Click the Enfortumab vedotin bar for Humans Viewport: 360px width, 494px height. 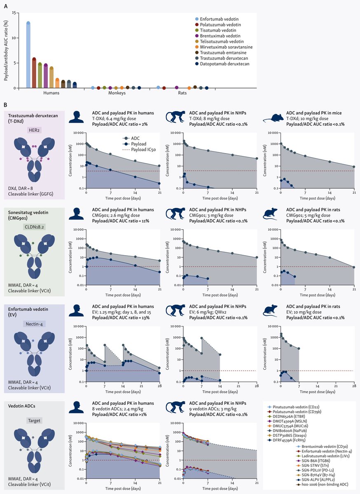28,55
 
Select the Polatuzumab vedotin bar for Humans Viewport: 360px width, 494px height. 34,73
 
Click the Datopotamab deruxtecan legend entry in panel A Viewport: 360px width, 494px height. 222,64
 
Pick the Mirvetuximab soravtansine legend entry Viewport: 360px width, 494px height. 224,47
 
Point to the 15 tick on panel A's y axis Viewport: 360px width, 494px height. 14,13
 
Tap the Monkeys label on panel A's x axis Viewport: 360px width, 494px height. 117,93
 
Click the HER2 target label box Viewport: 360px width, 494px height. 34,130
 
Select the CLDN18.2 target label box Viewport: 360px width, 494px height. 34,227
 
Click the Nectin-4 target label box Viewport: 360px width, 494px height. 34,324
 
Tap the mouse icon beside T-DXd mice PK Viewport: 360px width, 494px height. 274,118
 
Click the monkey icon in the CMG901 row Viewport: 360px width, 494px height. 176,214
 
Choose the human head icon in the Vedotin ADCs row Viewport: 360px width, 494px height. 76,407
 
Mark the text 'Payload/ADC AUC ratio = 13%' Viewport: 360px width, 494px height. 121,318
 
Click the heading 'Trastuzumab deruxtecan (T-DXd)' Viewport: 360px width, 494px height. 33,119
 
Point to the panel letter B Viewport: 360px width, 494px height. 6,105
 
